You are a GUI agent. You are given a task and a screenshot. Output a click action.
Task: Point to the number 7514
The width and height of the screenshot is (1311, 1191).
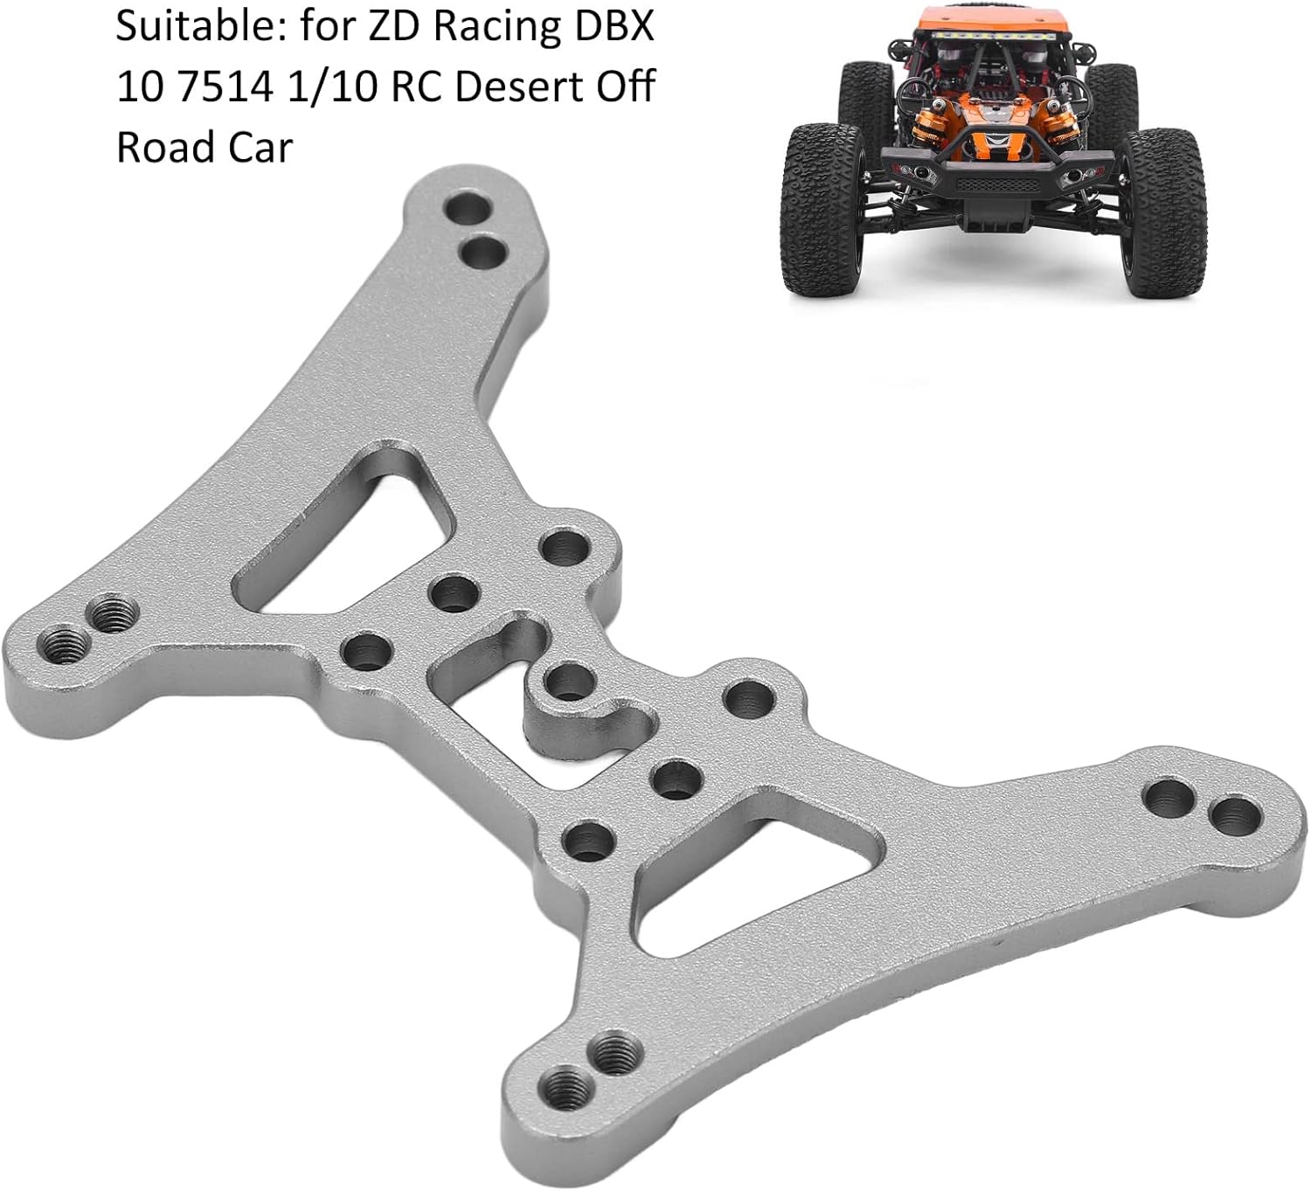click(x=225, y=87)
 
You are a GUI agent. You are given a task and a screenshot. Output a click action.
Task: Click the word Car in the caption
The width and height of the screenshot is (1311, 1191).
click(x=260, y=147)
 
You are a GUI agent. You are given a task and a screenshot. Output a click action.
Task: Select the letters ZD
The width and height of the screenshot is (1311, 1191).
click(x=395, y=28)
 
